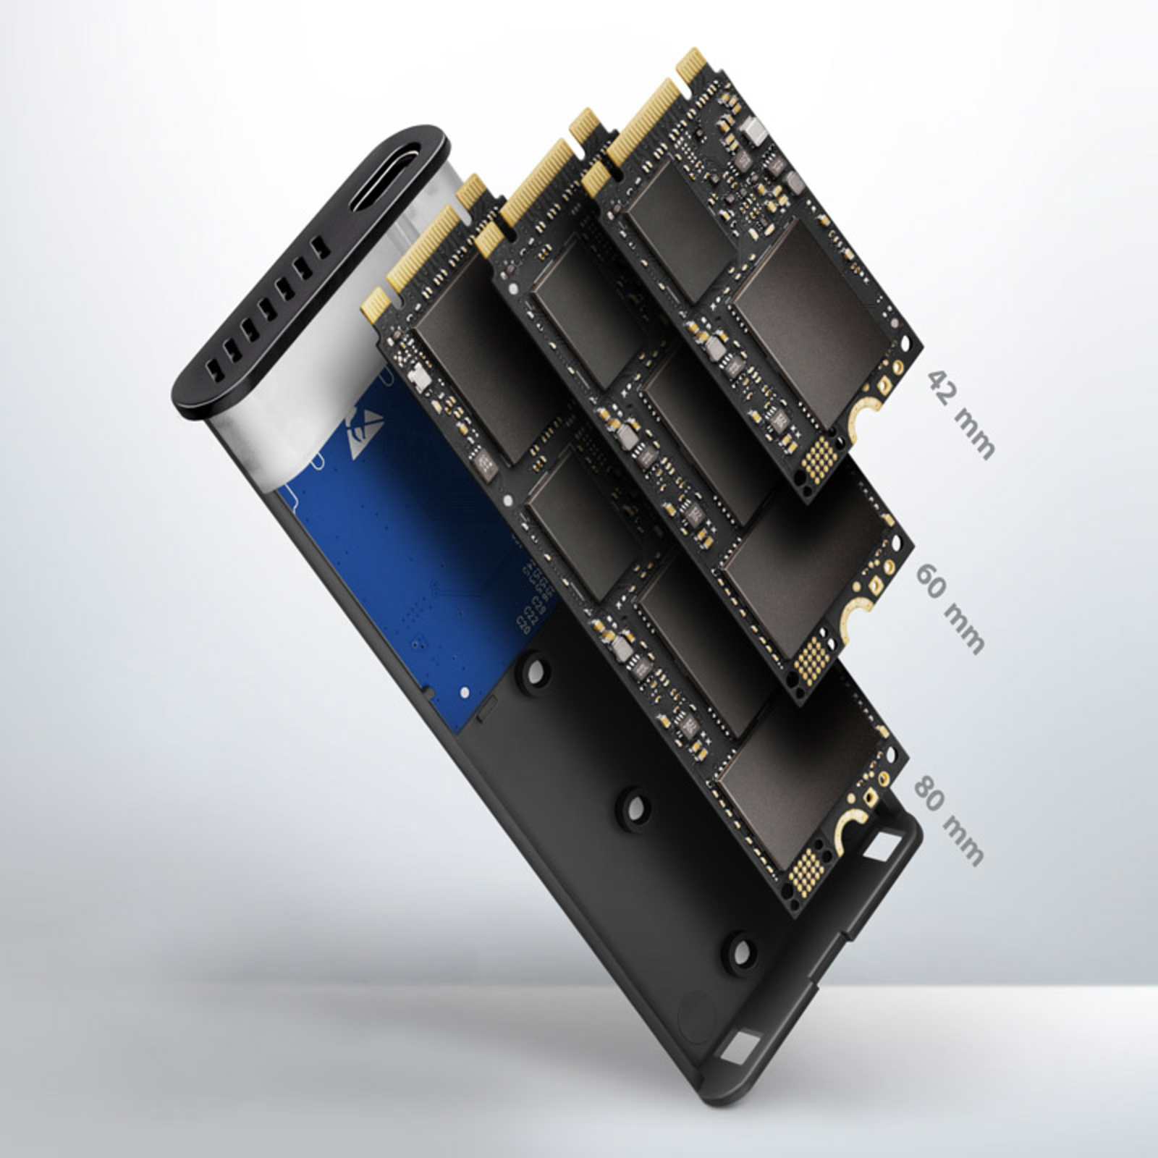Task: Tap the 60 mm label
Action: (x=950, y=609)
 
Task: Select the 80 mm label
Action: (x=949, y=820)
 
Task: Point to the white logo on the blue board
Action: (x=365, y=432)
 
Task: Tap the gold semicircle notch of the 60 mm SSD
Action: (x=854, y=612)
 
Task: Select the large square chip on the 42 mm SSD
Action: (x=809, y=323)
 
